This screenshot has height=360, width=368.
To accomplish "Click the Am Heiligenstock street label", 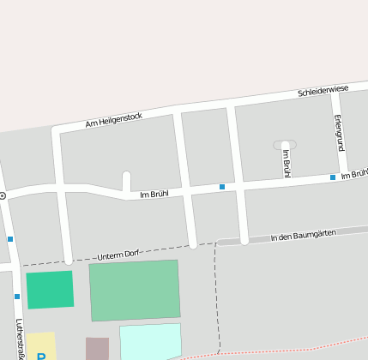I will point(114,121).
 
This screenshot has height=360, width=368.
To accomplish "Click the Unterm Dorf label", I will point(118,255).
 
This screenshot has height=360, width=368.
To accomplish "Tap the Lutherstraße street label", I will point(21,339).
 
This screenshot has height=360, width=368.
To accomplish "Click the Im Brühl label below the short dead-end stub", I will point(154,195).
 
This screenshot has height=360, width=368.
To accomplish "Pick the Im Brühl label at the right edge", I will point(353,175).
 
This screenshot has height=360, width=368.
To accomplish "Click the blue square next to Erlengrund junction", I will point(333,177).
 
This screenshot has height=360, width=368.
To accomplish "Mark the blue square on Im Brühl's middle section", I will point(221,186).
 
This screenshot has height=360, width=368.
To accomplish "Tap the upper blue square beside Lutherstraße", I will point(10,239).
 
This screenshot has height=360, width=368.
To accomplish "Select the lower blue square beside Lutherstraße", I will point(17,297).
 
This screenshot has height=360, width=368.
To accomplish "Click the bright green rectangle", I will point(50,290).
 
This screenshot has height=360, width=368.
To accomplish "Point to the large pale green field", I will point(135,290).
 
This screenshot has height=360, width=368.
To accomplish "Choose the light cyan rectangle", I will point(150,340).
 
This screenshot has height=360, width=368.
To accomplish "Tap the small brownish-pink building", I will point(97,348).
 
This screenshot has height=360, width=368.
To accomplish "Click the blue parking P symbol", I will point(40,356).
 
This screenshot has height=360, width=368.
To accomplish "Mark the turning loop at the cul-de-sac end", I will point(285,145).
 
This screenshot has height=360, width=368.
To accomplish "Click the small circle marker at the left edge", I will point(3,196).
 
